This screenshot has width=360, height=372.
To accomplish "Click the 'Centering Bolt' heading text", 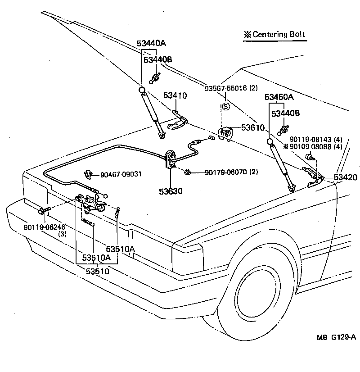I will pyautogui.click(x=279, y=34).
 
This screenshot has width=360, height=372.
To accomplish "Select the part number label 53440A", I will pyautogui.click(x=152, y=43).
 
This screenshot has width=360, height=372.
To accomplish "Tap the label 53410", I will pyautogui.click(x=175, y=95).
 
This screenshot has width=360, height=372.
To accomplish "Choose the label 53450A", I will pyautogui.click(x=279, y=97).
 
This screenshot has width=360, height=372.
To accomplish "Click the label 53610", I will pyautogui.click(x=253, y=128).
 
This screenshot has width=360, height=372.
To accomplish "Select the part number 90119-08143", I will pyautogui.click(x=310, y=139).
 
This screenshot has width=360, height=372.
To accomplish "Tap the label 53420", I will pyautogui.click(x=345, y=178).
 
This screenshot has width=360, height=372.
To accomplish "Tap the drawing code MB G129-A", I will pyautogui.click(x=335, y=350).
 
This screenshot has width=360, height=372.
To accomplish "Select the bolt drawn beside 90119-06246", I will pyautogui.click(x=42, y=210).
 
